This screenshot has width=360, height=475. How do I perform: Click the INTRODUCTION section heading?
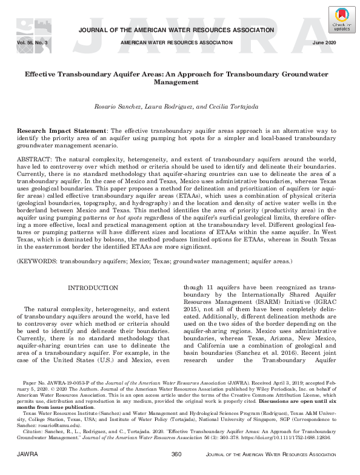pos(93,287)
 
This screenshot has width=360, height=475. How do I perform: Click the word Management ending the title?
pos(181,82)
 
